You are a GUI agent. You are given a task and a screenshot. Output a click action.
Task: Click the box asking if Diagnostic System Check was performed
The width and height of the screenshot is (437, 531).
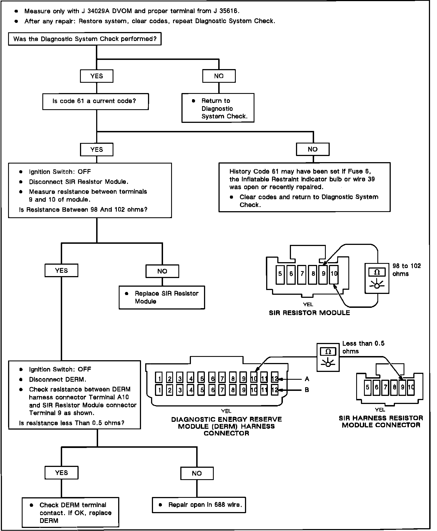[x=85, y=39]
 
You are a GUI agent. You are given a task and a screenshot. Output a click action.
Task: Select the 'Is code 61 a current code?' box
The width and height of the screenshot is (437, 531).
[x=95, y=101]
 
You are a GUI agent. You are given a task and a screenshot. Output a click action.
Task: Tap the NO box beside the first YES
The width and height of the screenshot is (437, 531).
[x=219, y=76]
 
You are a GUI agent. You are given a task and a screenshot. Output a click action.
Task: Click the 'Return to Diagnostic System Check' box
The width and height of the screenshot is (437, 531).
[x=218, y=108]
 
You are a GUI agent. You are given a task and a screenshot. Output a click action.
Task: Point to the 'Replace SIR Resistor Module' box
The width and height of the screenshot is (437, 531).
[x=162, y=298]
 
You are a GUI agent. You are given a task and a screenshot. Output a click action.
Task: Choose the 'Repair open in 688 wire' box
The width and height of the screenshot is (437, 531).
[x=199, y=505]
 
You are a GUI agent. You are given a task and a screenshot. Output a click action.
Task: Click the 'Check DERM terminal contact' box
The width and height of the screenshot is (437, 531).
[x=71, y=513]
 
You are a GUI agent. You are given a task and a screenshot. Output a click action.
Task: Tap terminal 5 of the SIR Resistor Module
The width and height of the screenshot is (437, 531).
[x=280, y=274]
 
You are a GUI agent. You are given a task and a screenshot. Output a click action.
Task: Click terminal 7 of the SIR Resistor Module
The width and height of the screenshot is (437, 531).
[x=302, y=274]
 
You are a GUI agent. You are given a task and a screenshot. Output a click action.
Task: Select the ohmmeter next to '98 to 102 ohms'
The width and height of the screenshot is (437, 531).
[x=377, y=278]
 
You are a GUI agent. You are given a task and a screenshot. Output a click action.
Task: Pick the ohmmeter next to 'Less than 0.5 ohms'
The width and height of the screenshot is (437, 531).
[x=328, y=357]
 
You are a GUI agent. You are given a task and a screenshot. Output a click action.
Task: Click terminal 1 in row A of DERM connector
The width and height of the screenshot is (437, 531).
[x=159, y=379]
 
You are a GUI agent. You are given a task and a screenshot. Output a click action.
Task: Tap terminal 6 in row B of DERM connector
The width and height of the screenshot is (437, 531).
[x=212, y=390]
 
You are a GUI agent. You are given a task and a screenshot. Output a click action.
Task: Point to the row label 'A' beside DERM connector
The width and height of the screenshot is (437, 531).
[x=307, y=379]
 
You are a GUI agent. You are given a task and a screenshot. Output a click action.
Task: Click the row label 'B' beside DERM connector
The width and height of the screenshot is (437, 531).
[x=307, y=390]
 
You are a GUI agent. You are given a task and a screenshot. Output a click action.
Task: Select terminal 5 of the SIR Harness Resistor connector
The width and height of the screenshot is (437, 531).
[x=368, y=387]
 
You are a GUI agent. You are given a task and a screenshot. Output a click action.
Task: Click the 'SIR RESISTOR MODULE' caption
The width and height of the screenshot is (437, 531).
[x=309, y=313]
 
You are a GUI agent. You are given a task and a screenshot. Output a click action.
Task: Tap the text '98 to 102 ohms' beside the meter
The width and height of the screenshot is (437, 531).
[x=406, y=270]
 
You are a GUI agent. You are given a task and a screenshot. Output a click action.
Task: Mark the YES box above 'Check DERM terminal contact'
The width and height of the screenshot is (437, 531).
[x=61, y=473]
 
